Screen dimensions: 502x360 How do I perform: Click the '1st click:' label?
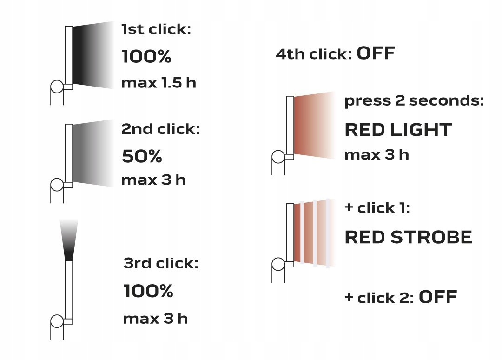pos(156,29)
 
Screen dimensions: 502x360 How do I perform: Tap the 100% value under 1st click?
pos(146,56)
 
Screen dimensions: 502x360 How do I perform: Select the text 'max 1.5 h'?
pos(159,83)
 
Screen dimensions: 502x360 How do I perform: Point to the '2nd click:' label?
pos(160,129)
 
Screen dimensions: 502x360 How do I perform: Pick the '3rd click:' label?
pos(161,263)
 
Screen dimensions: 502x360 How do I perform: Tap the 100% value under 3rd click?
pos(148,291)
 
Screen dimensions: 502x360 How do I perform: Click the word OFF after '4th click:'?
pos(376,53)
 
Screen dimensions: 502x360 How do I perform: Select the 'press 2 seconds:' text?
pos(414,100)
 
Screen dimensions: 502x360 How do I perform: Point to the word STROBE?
pos(431,237)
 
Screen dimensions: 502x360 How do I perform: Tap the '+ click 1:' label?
pos(377,208)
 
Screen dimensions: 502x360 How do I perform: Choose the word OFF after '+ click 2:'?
pos(438,297)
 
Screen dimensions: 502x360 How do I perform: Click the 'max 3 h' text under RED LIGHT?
pos(377,155)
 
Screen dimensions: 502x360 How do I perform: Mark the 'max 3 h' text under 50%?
pos(154,180)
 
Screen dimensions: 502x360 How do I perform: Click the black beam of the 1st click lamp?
pos(93,55)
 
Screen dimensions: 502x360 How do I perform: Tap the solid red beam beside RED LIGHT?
pos(314,126)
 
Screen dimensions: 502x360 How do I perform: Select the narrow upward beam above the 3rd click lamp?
pos(69,240)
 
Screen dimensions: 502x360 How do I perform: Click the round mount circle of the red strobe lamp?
pos(278,264)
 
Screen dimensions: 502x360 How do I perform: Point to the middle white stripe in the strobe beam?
pos(315,233)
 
